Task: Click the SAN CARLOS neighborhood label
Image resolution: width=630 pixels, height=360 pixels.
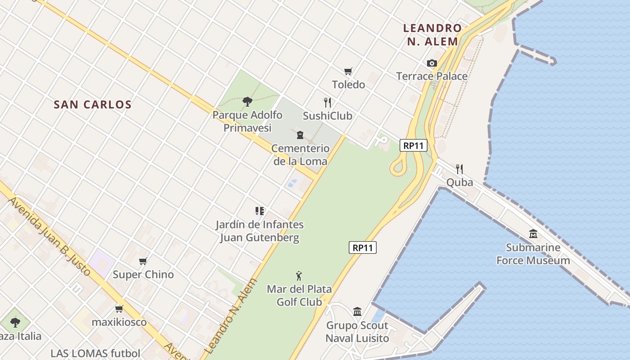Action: click(92, 105)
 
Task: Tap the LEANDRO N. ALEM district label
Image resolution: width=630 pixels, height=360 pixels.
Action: click(432, 35)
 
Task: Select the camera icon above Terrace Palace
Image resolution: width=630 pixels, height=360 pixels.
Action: click(432, 63)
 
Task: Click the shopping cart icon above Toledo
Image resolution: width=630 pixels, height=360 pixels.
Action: click(348, 72)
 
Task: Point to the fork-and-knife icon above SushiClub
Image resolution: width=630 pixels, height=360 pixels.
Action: click(328, 103)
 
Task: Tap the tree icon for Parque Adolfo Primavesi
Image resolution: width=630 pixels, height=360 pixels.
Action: click(247, 102)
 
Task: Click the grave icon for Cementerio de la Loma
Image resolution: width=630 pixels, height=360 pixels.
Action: click(300, 135)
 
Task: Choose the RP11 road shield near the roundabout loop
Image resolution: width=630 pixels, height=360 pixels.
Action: click(413, 145)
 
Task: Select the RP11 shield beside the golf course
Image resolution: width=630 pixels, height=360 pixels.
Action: click(362, 247)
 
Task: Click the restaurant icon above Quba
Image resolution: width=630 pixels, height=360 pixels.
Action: click(459, 169)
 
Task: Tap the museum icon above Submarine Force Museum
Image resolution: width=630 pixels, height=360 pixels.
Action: click(533, 234)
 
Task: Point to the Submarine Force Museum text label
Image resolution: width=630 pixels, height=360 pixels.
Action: click(533, 254)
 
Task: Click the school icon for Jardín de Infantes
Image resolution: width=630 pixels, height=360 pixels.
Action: click(259, 211)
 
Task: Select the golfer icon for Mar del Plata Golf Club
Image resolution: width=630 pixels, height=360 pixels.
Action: click(299, 276)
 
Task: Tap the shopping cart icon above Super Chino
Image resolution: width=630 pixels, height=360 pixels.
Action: click(143, 261)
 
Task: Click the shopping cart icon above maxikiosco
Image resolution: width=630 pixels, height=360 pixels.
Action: click(119, 309)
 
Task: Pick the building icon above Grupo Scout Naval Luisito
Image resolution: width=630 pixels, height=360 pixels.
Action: click(357, 311)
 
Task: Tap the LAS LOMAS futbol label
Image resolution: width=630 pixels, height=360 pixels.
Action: click(95, 354)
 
